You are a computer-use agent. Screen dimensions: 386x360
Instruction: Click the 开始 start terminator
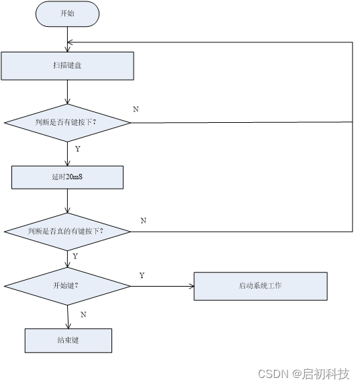point(67,14)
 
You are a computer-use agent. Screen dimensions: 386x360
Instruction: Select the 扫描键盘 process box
point(67,66)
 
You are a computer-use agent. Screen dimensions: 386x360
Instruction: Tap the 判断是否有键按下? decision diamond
point(67,122)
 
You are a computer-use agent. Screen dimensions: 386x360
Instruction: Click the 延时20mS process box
point(67,177)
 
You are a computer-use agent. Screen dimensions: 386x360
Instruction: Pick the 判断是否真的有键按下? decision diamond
point(67,231)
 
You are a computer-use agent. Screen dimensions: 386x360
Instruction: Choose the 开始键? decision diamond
point(67,285)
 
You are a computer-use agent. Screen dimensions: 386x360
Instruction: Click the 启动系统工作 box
point(260,285)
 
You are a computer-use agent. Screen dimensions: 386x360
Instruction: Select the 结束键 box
point(68,340)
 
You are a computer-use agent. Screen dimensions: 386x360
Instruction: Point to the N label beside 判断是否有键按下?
point(136,109)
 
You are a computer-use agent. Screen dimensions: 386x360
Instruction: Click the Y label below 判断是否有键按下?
point(77,149)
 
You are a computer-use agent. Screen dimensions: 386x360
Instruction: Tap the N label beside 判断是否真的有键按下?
point(143,220)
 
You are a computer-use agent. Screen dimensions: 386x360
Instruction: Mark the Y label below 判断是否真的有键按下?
point(75,256)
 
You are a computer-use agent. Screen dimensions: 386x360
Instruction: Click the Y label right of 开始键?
point(142,275)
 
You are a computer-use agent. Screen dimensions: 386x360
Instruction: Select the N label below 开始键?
point(83,314)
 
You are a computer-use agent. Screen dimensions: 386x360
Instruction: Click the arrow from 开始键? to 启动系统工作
point(161,285)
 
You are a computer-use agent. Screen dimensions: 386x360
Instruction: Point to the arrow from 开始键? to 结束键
point(68,316)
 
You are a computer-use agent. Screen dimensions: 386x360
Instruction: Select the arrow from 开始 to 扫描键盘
point(68,39)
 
